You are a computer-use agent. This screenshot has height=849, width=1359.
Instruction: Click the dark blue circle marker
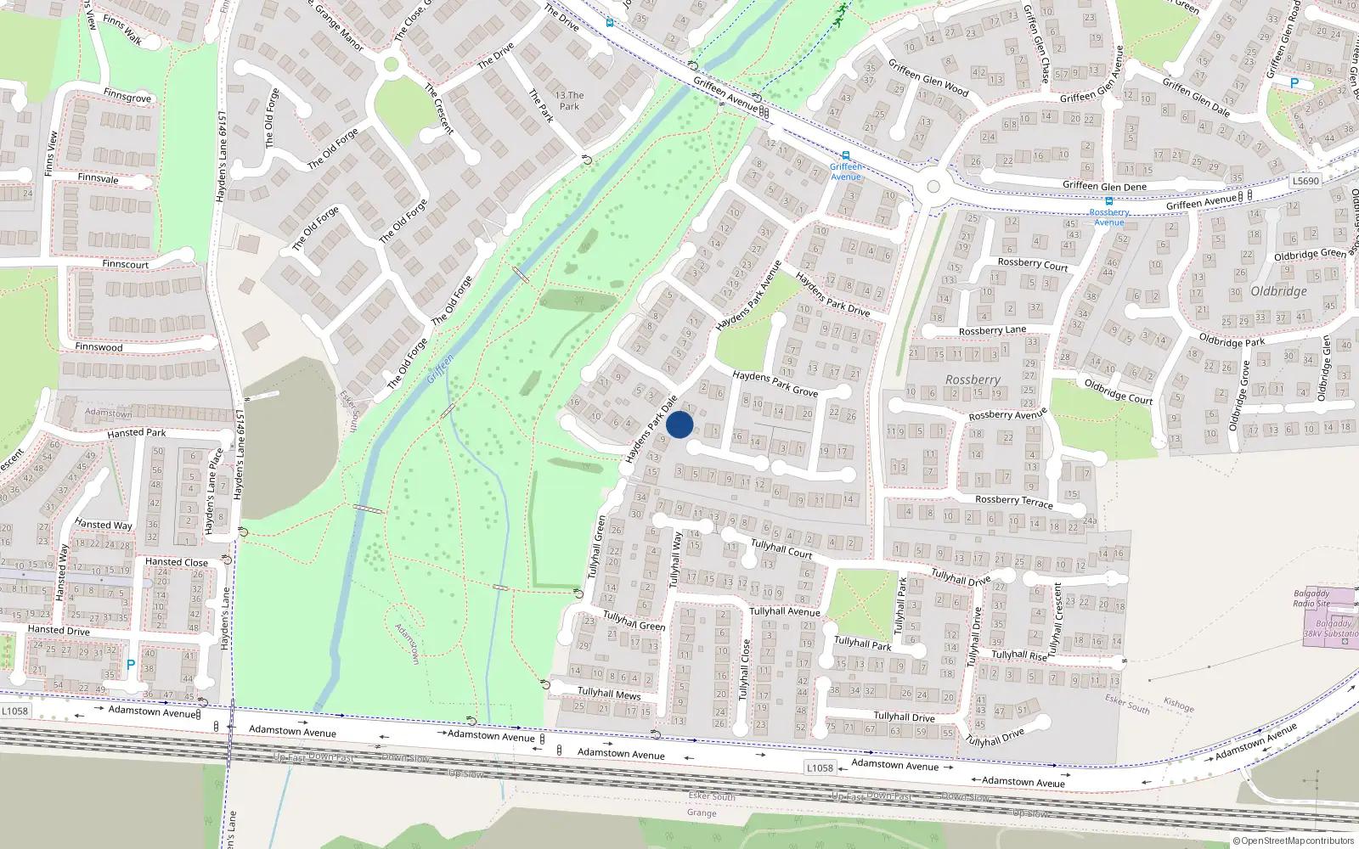[679, 424]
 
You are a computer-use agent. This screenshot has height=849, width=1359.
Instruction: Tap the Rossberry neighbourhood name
[973, 380]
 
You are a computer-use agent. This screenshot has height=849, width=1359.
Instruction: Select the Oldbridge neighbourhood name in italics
[1278, 291]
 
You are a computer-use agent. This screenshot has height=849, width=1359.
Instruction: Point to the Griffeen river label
[440, 368]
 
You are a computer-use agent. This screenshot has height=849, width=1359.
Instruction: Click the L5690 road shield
[1305, 181]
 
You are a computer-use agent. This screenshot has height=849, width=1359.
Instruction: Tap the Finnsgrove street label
[127, 96]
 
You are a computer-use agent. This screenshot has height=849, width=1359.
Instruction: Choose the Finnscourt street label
[125, 264]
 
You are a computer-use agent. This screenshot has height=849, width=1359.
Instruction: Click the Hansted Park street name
[137, 433]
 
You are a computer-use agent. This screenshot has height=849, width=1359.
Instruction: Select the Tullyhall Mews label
[609, 694]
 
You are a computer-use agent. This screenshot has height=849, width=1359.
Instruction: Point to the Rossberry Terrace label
[1013, 501]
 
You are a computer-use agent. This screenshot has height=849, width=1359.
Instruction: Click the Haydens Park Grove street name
[775, 383]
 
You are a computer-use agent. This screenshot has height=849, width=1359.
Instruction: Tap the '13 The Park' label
[569, 101]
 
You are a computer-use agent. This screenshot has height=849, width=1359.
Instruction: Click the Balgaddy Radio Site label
[1311, 599]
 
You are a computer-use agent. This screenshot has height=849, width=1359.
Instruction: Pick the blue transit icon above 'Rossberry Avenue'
[1109, 202]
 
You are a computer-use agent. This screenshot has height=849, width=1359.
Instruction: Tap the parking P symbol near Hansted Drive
[130, 665]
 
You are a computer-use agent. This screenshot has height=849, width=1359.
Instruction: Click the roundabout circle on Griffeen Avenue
[933, 187]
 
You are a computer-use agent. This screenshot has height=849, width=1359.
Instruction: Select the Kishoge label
[1178, 705]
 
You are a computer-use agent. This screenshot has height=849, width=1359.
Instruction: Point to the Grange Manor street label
[339, 26]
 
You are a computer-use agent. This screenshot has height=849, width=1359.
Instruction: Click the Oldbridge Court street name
[1118, 391]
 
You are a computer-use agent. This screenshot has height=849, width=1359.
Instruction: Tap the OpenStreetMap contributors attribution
[1294, 841]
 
